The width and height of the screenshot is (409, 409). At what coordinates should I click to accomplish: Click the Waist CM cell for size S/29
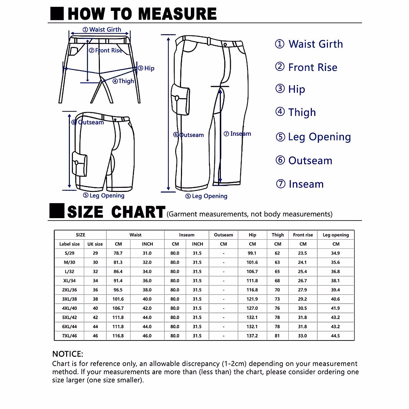(x=118, y=253)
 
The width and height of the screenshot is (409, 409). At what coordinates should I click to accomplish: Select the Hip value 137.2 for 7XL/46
(x=252, y=336)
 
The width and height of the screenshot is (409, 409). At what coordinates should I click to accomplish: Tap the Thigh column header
(x=278, y=235)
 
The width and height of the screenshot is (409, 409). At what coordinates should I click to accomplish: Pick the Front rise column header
(x=303, y=235)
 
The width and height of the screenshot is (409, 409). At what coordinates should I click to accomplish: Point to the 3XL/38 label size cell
(x=70, y=299)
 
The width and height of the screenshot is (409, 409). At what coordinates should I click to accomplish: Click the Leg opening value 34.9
(x=335, y=253)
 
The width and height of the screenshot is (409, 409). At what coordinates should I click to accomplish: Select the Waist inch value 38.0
(x=147, y=290)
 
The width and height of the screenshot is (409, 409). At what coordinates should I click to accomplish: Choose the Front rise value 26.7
(x=302, y=281)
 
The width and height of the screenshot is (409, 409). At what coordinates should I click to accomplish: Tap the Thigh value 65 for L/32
(x=277, y=272)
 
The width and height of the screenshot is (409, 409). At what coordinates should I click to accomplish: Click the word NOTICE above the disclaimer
(x=68, y=354)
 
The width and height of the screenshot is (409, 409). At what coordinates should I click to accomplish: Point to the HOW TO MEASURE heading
(x=142, y=14)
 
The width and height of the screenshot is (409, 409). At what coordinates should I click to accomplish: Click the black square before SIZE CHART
(x=57, y=211)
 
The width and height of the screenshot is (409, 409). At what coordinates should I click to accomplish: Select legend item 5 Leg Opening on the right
(x=313, y=137)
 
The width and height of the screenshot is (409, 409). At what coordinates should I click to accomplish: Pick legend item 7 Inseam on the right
(x=300, y=184)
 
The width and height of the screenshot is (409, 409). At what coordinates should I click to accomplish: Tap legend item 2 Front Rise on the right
(x=306, y=67)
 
